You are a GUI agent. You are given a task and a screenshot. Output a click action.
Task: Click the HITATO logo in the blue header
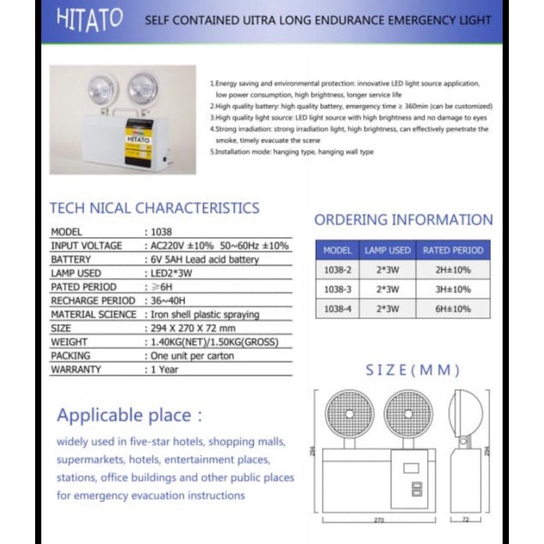90,19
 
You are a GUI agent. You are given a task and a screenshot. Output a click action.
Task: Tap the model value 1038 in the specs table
162,232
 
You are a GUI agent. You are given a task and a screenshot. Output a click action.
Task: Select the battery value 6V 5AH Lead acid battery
204,259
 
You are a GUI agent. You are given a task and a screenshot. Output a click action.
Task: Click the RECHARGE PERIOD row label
93,300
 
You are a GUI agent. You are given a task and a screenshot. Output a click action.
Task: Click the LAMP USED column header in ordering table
388,251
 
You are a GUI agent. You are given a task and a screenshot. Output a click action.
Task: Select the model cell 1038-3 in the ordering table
337,289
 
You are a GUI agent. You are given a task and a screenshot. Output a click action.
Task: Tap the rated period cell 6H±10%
453,308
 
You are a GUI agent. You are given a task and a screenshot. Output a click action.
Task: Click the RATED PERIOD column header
453,251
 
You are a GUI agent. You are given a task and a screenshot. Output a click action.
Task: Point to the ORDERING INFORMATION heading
404,220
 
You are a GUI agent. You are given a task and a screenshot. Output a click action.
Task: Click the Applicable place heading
130,414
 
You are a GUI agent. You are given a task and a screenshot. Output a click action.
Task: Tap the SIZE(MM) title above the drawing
412,370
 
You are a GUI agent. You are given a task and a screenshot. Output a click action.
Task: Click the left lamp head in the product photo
101,89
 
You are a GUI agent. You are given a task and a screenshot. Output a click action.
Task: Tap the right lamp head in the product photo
142,87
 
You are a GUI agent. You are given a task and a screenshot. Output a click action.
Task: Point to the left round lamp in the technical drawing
349,414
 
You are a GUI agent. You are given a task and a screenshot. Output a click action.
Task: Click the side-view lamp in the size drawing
465,414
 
